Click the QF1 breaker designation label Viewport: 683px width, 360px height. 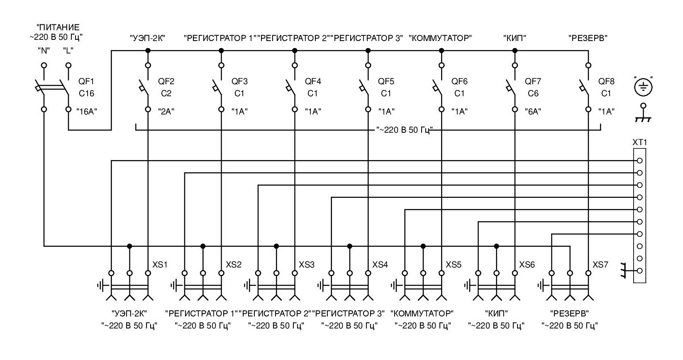[86, 81]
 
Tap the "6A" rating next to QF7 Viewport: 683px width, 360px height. [533, 111]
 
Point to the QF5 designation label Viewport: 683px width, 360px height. [386, 81]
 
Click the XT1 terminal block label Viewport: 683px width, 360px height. [639, 143]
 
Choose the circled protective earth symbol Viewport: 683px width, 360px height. [643, 86]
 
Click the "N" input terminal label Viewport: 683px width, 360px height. [44, 51]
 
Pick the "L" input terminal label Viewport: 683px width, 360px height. [68, 51]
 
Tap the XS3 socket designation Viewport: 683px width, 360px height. [307, 265]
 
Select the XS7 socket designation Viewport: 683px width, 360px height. [600, 265]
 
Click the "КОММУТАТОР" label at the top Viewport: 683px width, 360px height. [441, 39]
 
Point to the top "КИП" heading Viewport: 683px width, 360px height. [515, 39]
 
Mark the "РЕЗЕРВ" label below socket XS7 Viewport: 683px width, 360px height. [570, 313]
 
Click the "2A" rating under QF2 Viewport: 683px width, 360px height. [166, 111]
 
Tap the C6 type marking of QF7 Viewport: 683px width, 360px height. [533, 93]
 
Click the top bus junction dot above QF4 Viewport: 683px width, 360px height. [295, 51]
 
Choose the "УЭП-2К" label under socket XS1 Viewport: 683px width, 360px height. [129, 313]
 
